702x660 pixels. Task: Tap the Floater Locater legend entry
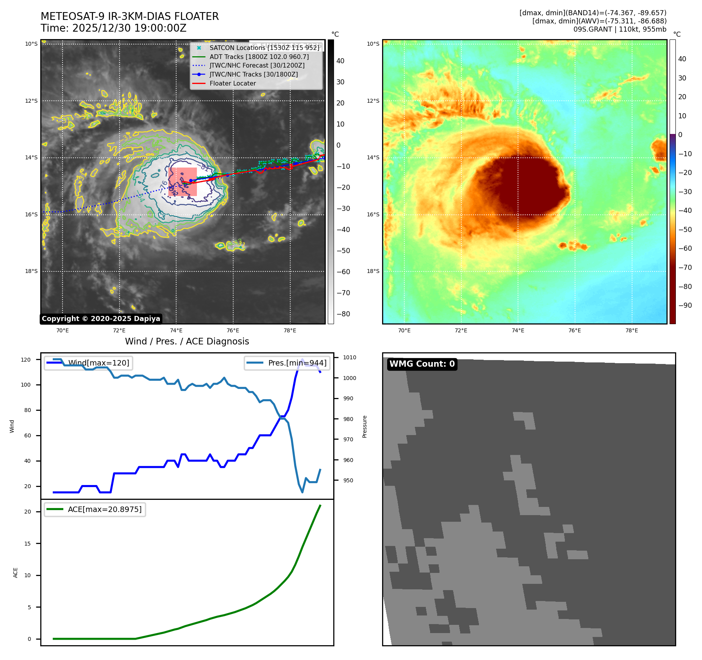[x=232, y=83]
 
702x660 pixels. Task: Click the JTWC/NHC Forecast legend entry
[x=257, y=65]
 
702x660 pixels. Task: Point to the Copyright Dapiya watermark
[x=101, y=319]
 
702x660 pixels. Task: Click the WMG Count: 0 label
[x=422, y=364]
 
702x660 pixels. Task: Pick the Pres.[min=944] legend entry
[x=297, y=363]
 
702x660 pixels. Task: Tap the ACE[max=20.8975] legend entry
[x=104, y=509]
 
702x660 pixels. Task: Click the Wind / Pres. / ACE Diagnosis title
[x=187, y=341]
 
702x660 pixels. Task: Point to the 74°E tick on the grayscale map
[x=176, y=330]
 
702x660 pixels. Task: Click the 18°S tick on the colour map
[x=373, y=271]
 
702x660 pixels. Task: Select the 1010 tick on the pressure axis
[x=350, y=357]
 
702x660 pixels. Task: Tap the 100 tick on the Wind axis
[x=26, y=385]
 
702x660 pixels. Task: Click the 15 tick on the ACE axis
[x=27, y=544]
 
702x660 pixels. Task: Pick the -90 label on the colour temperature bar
[x=685, y=305]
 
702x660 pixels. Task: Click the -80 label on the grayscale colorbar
[x=343, y=314]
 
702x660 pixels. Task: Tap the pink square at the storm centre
[x=182, y=182]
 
